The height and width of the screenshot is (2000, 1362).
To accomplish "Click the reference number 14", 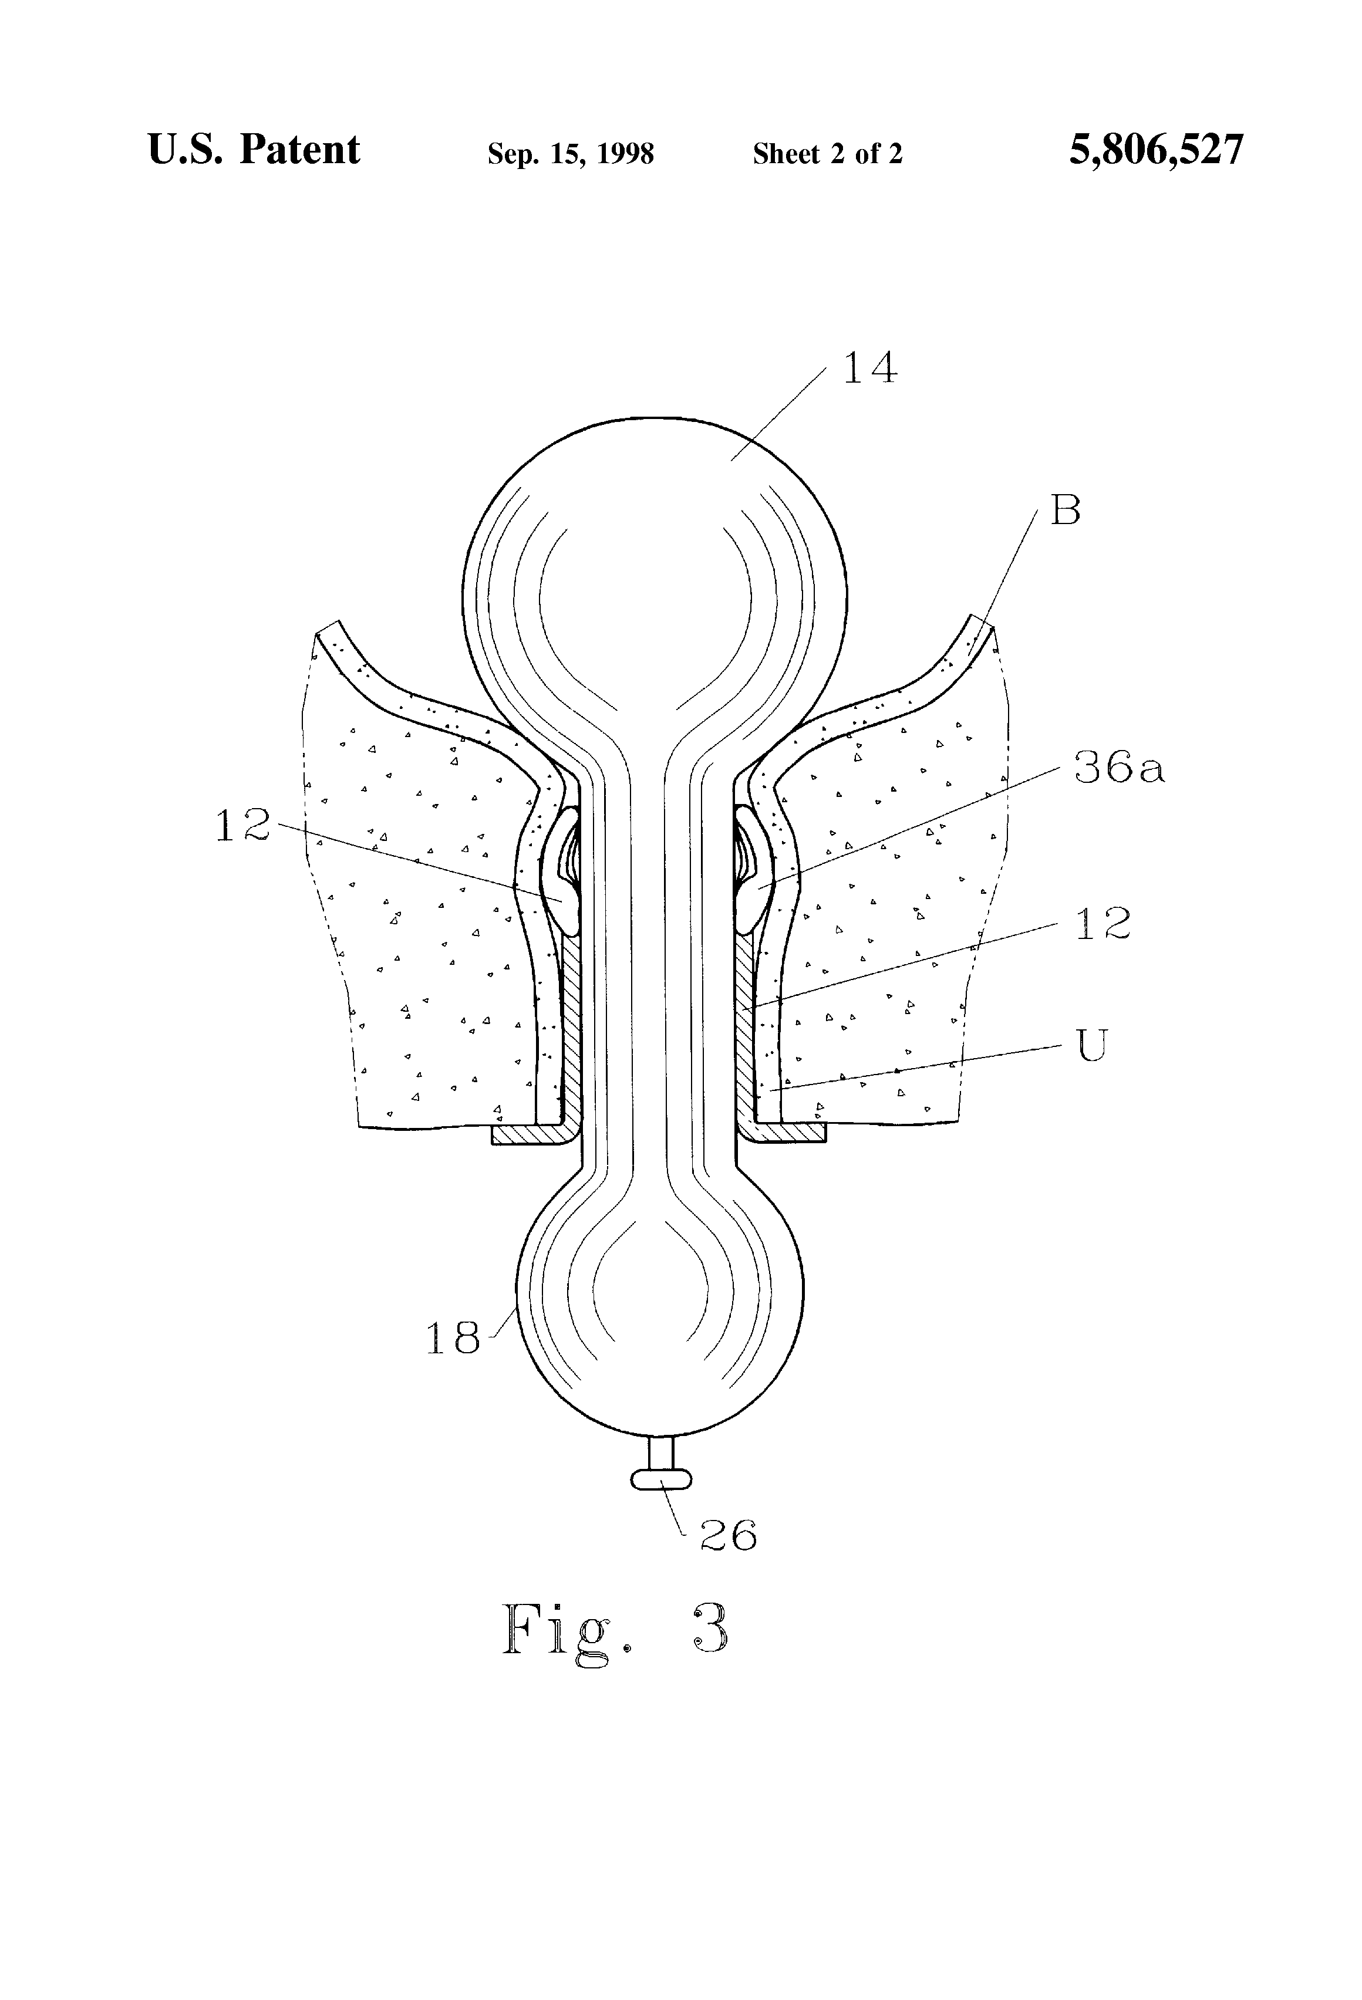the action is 869,369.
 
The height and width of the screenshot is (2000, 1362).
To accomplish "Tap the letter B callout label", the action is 1065,511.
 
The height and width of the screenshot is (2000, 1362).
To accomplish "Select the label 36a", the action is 1119,767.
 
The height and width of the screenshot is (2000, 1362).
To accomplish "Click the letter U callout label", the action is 1092,1046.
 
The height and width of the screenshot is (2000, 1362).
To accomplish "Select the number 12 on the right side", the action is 1102,923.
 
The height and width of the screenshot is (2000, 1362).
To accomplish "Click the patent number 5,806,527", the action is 1157,150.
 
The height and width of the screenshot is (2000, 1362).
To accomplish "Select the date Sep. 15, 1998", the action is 571,154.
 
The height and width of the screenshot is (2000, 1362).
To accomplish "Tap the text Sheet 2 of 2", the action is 827,154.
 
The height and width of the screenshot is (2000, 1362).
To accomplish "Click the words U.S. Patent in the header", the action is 254,150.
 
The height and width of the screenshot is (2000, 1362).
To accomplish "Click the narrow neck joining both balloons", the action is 659,964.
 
